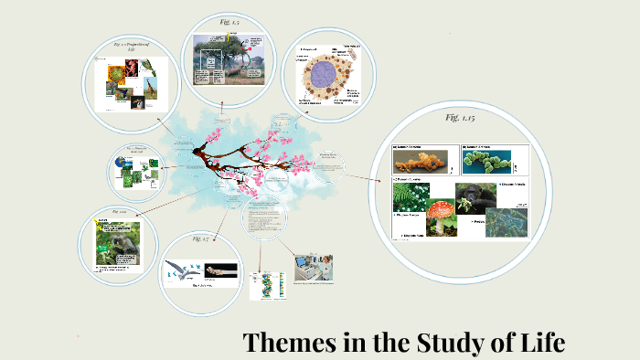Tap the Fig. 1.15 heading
460,117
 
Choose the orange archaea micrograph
422,163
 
